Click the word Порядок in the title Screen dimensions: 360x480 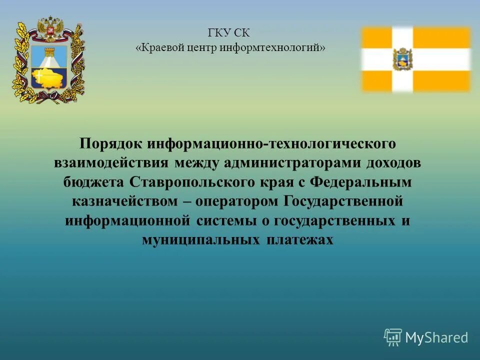111,144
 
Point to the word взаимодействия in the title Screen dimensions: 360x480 112,163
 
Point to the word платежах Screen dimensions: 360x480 299,240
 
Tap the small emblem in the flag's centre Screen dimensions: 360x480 402,59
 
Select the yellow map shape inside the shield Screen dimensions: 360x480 49,78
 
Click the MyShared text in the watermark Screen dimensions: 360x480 436,337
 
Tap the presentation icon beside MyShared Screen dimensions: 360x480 393,337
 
